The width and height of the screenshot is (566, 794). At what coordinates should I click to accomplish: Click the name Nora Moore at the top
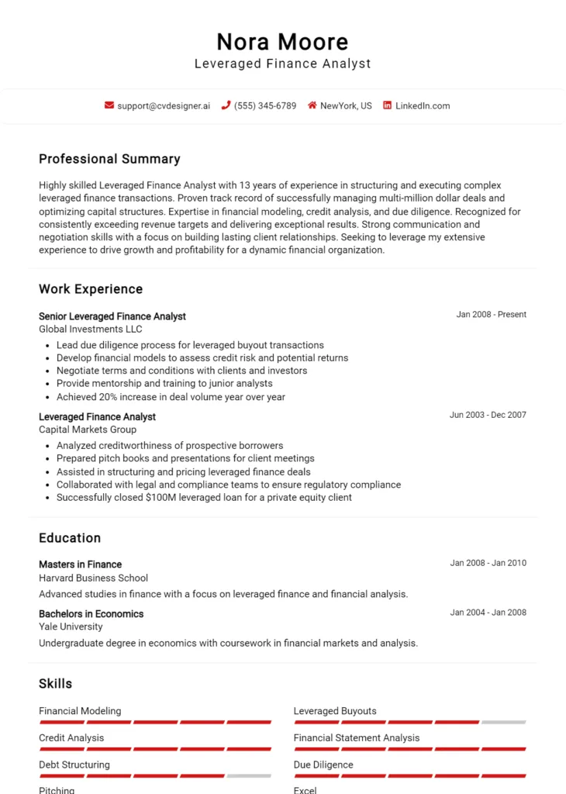[x=282, y=42]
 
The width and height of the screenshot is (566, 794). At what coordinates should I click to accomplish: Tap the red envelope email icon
[x=109, y=105]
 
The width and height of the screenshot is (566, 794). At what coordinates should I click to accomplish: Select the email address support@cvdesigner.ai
[x=164, y=106]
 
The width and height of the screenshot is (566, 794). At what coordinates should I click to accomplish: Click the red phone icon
[x=226, y=105]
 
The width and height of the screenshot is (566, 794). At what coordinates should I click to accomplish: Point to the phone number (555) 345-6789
[x=265, y=106]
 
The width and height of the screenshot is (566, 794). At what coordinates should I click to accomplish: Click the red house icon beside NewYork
[x=312, y=105]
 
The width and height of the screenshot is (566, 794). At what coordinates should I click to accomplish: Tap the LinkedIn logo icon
[x=387, y=105]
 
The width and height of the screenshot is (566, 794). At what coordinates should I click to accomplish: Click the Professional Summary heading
[x=109, y=159]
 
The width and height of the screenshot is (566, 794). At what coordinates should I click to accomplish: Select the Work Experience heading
[x=91, y=289]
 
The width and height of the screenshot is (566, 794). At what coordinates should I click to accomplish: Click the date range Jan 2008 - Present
[x=491, y=315]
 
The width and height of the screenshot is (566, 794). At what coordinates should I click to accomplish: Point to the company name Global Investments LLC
[x=91, y=330]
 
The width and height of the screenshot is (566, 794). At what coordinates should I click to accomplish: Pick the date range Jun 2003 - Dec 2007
[x=488, y=415]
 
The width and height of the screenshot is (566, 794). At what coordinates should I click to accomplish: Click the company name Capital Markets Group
[x=88, y=430]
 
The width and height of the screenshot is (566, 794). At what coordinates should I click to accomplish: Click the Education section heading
[x=70, y=538]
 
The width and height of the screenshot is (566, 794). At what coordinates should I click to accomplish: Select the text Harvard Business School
[x=93, y=578]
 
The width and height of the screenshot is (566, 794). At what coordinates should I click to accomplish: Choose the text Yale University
[x=71, y=627]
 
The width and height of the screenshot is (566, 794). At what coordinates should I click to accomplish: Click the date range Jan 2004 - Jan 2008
[x=488, y=613]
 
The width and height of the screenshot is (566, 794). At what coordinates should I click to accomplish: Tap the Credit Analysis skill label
[x=71, y=738]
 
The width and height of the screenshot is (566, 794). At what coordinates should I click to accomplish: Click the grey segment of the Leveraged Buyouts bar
[x=503, y=722]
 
